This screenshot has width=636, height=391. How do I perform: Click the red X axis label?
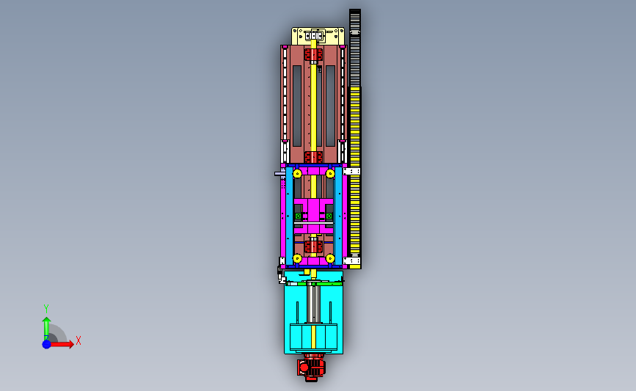(78, 340)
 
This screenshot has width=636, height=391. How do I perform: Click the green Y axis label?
(45, 309)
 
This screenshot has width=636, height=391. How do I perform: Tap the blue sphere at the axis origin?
(47, 344)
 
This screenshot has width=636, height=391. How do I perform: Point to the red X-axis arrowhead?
(71, 344)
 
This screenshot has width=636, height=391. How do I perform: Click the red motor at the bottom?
(311, 368)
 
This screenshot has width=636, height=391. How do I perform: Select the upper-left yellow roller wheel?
(297, 174)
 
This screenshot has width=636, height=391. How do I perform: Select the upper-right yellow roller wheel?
(330, 174)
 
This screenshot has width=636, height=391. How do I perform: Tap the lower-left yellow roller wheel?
(297, 258)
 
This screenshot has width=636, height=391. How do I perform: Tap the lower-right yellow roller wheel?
(330, 258)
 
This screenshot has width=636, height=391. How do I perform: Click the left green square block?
(299, 216)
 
